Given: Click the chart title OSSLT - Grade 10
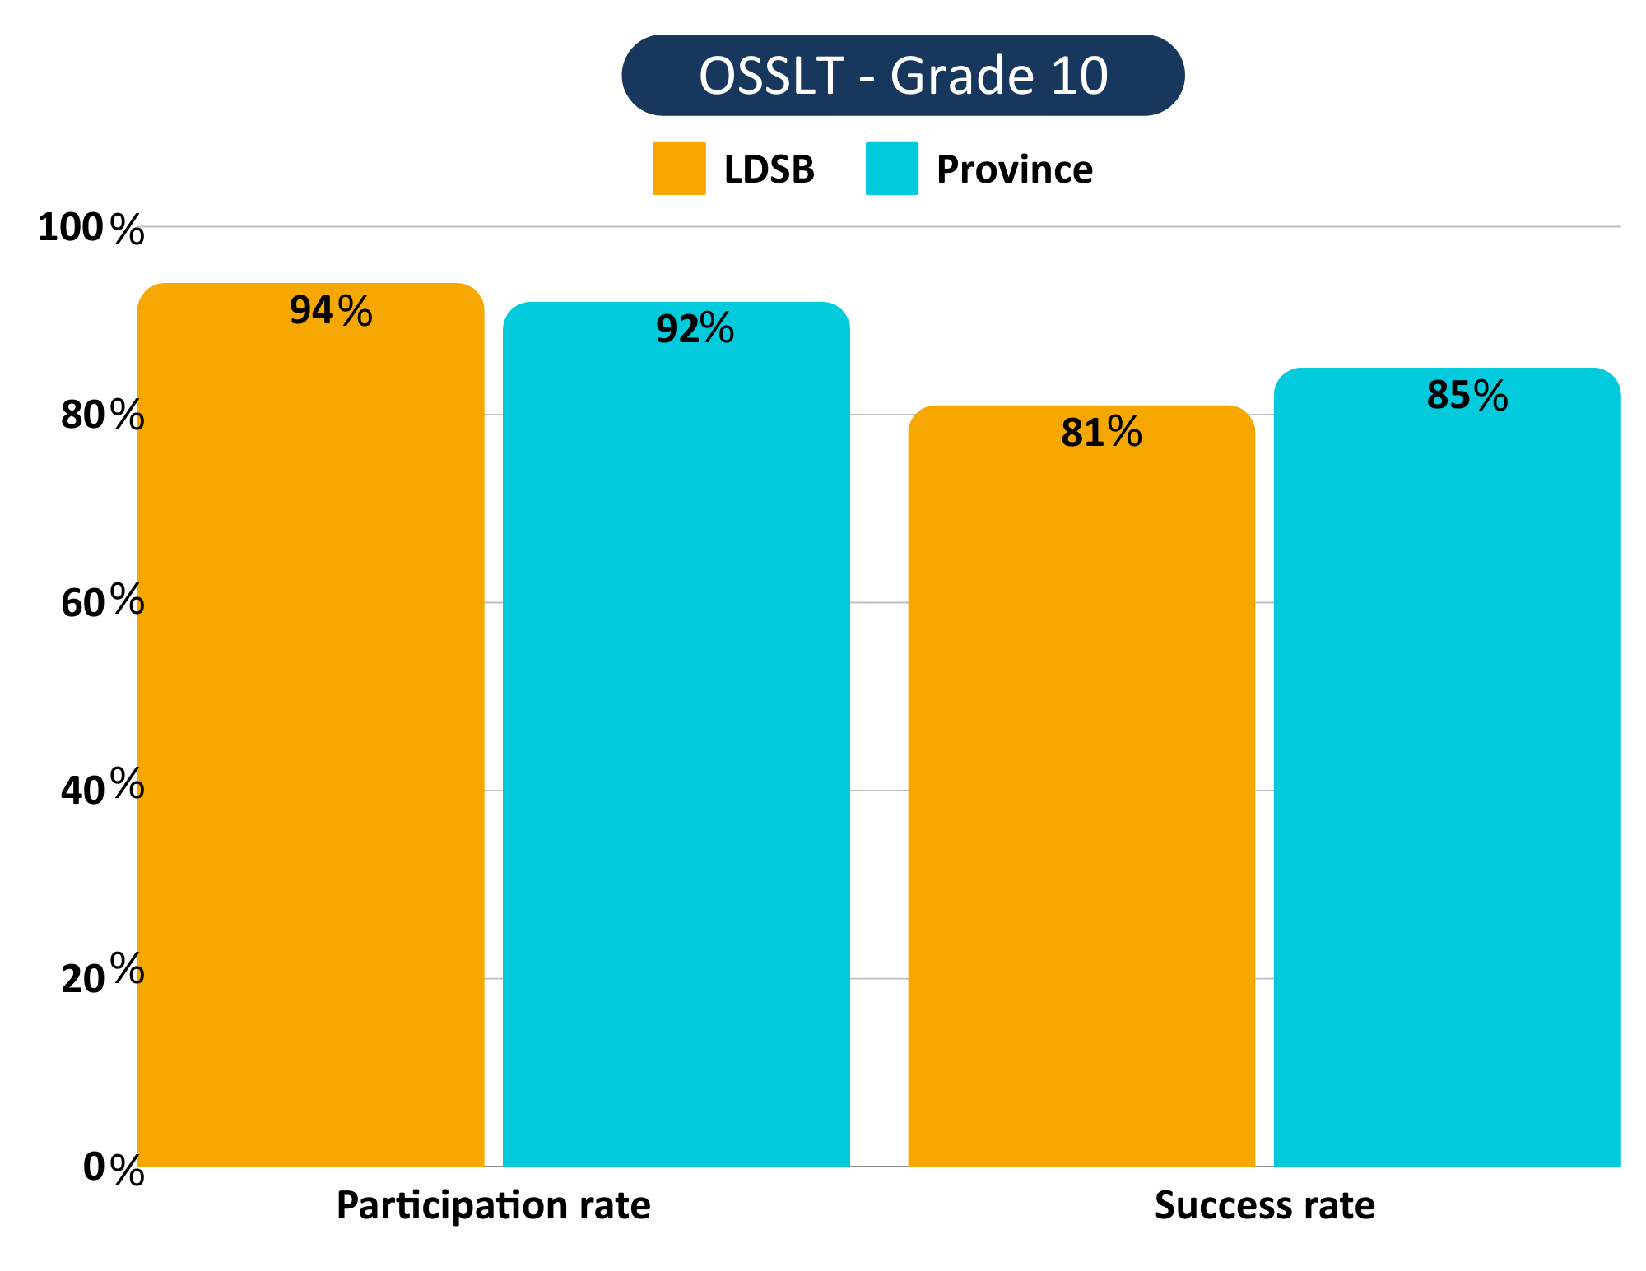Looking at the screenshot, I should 903,75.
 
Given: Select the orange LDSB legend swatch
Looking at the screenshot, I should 679,169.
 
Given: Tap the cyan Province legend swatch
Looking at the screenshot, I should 891,169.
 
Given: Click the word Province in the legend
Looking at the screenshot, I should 1014,169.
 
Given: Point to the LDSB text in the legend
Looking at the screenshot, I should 769,169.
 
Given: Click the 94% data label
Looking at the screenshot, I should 331,311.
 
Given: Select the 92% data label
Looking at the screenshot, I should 695,329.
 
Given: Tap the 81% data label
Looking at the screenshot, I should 1101,433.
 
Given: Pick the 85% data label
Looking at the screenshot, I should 1467,396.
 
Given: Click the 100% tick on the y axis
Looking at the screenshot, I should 91,228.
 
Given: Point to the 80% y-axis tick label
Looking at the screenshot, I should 102,415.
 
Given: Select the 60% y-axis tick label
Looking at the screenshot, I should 102,603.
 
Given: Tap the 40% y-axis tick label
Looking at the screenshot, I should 102,789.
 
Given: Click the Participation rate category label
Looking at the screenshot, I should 493,1206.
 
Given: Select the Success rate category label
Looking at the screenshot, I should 1264,1206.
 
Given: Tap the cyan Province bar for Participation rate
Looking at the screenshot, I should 676,740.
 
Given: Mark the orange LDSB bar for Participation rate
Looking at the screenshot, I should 310,740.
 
